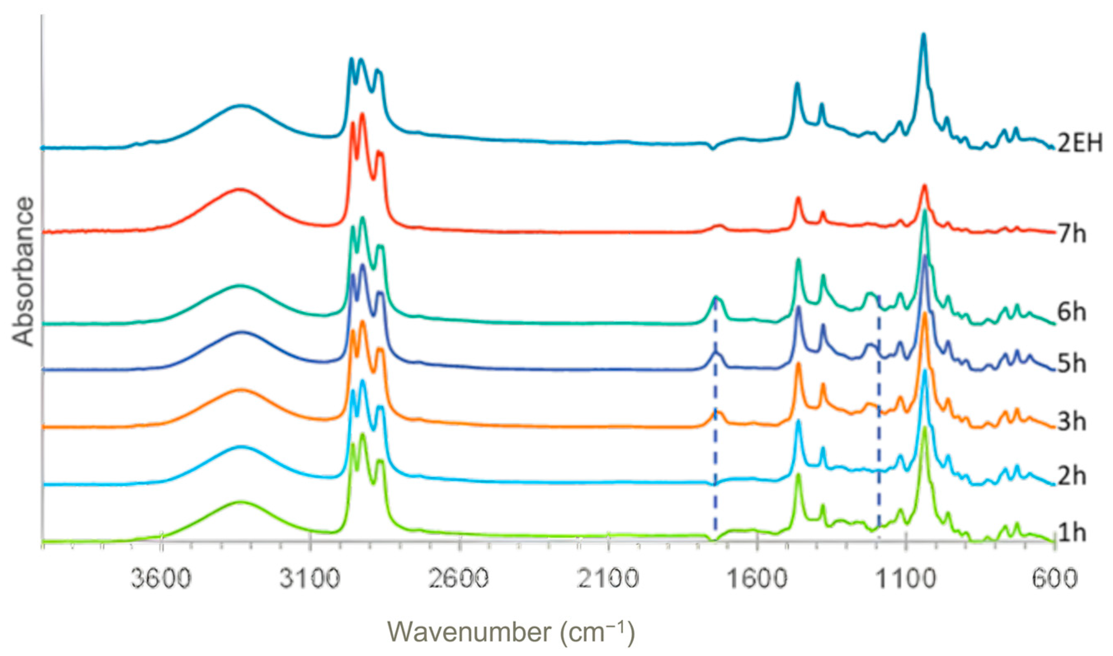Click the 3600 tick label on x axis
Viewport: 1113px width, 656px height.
pyautogui.click(x=162, y=578)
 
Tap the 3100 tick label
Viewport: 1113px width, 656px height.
pyautogui.click(x=311, y=578)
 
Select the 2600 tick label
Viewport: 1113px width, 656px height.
pyautogui.click(x=460, y=578)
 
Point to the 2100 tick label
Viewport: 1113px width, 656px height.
pyautogui.click(x=609, y=578)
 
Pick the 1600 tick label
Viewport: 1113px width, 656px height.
pyautogui.click(x=757, y=578)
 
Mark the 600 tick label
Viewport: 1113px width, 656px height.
pyautogui.click(x=1054, y=578)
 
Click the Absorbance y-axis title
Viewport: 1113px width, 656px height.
pyautogui.click(x=23, y=272)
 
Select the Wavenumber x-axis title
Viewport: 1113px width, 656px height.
pyautogui.click(x=511, y=632)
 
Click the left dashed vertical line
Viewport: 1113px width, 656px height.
pyautogui.click(x=715, y=420)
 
